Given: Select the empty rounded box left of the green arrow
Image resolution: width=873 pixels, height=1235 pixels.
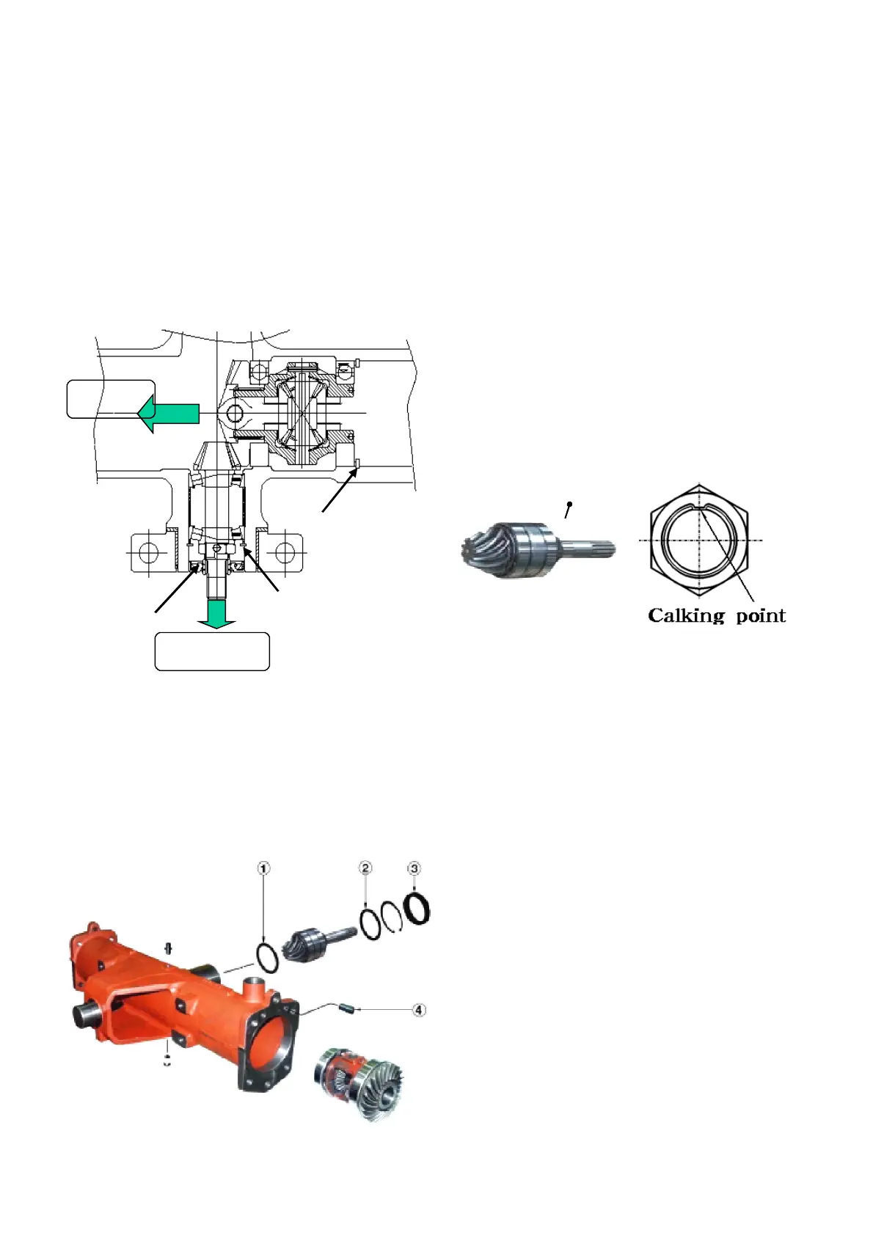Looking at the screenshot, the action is [x=110, y=399].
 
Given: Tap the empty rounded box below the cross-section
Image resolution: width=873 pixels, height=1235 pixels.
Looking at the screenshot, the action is [x=212, y=651].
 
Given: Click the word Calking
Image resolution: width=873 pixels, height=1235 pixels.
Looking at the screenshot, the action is [x=686, y=616].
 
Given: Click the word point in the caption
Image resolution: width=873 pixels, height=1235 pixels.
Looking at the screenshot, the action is [x=761, y=616].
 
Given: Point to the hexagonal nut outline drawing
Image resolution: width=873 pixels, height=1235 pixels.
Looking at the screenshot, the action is [x=699, y=540].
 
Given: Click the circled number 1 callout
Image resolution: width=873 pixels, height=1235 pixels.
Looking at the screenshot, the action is [x=263, y=868].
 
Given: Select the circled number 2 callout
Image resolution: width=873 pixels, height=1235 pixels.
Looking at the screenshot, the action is [x=365, y=868].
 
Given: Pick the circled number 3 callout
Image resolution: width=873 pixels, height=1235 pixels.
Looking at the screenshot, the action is [x=414, y=868].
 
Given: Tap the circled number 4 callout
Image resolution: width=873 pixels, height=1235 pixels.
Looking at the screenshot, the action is [x=418, y=1010].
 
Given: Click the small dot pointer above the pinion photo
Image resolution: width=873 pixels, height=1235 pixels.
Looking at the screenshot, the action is [x=569, y=504].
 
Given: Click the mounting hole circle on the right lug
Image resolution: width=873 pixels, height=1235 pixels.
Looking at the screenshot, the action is [x=288, y=551].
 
